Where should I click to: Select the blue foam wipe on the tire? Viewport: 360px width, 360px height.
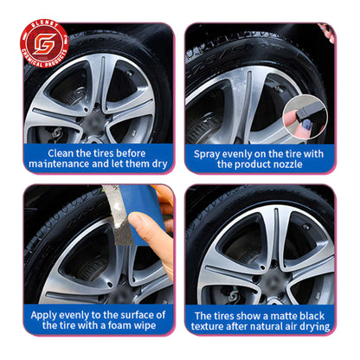click(130, 217)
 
